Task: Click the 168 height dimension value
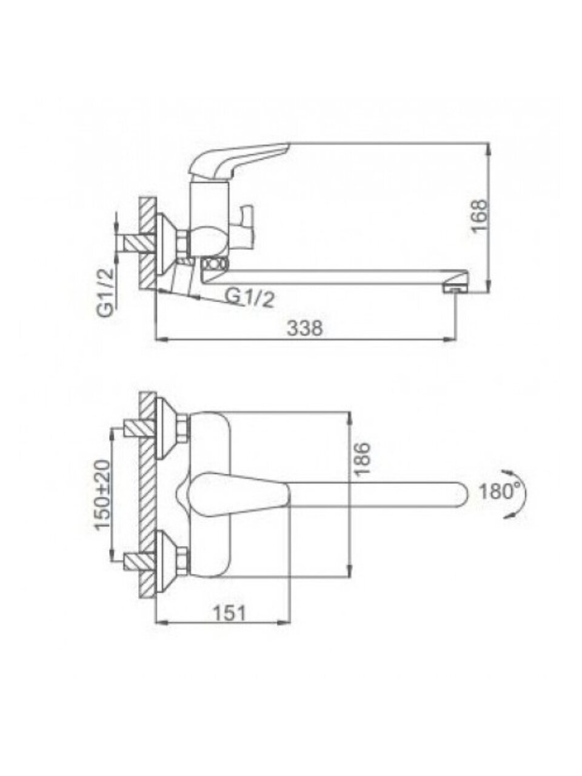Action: point(479,216)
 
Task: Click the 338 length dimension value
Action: point(304,329)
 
